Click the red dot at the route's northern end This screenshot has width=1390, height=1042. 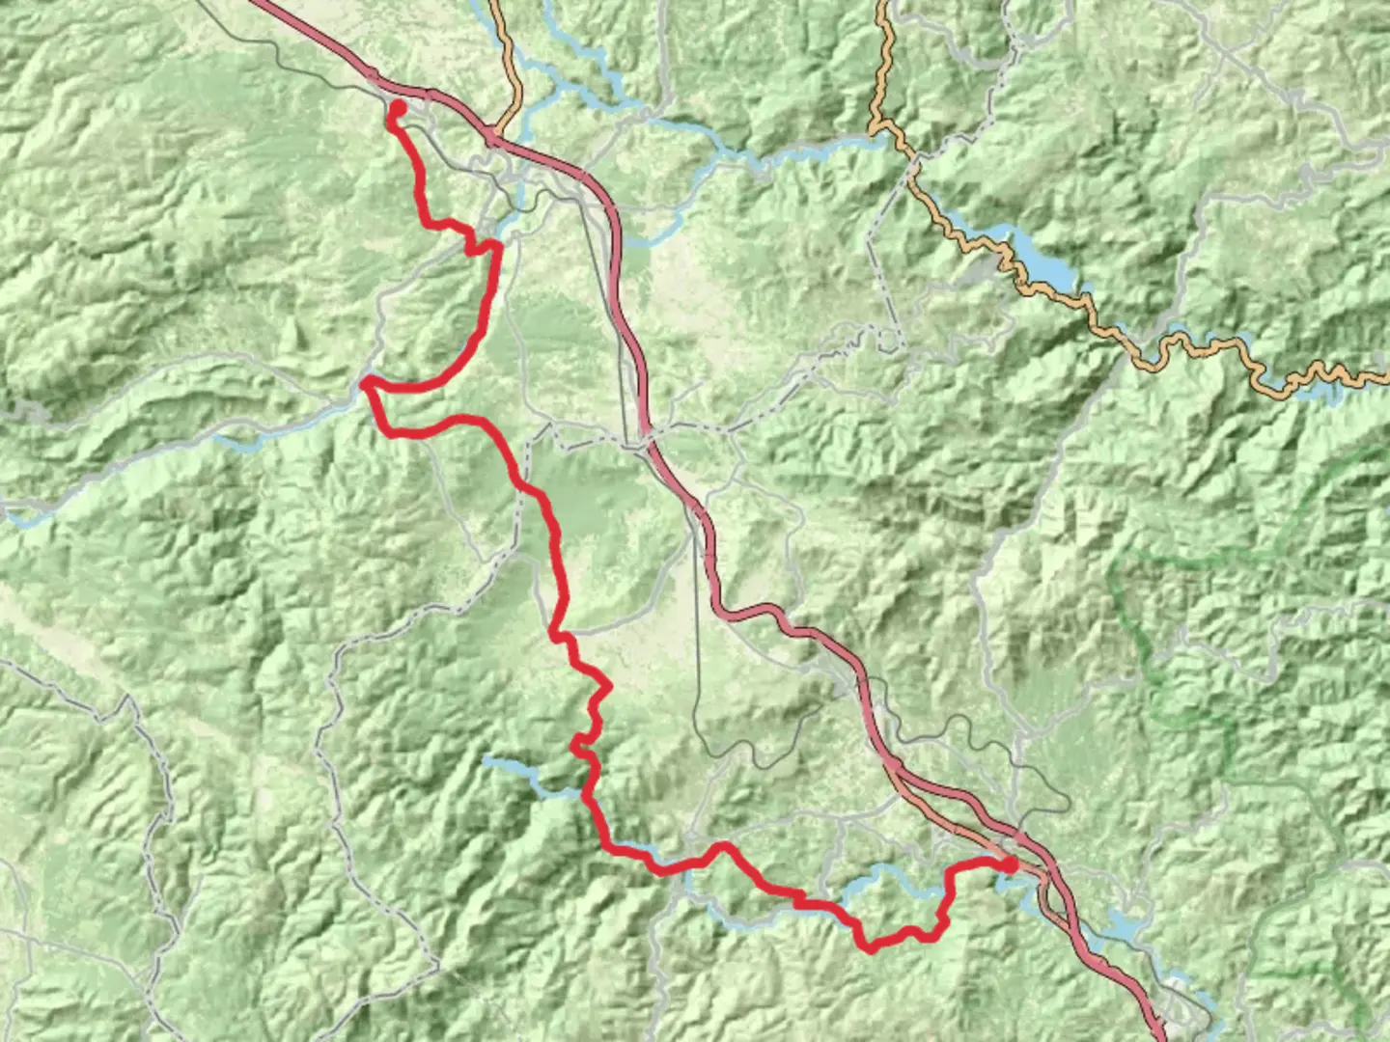[396, 108]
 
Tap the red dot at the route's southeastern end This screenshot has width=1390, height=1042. [1010, 865]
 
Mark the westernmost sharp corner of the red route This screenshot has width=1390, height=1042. [366, 384]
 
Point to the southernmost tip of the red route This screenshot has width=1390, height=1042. [871, 948]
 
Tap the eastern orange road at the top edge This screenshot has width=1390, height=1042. [882, 5]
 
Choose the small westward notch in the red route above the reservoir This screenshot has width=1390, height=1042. [576, 744]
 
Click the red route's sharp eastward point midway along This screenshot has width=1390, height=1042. [608, 687]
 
